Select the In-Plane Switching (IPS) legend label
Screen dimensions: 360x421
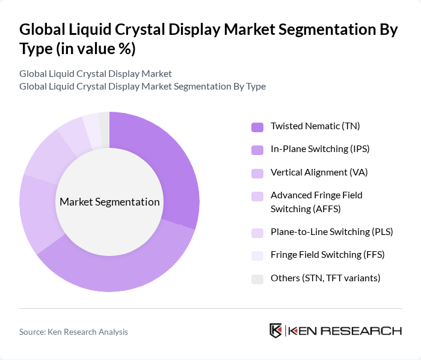(x=318, y=149)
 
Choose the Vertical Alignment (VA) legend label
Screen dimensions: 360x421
(x=319, y=172)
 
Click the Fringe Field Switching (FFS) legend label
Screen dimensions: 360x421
(x=327, y=255)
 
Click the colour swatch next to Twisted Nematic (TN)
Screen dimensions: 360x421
(x=257, y=127)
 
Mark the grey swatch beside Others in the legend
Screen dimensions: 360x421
(x=257, y=278)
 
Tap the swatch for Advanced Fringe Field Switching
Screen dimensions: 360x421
(x=257, y=196)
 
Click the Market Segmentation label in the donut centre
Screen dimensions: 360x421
(x=109, y=202)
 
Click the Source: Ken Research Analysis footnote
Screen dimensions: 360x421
(x=73, y=331)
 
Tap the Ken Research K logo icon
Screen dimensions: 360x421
(x=275, y=331)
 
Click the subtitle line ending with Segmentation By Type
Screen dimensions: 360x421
(x=142, y=86)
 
